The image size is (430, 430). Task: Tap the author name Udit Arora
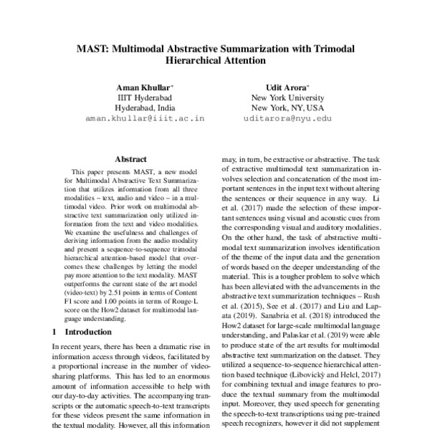pyautogui.click(x=287, y=86)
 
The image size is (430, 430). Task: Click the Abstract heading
pyautogui.click(x=130, y=159)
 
